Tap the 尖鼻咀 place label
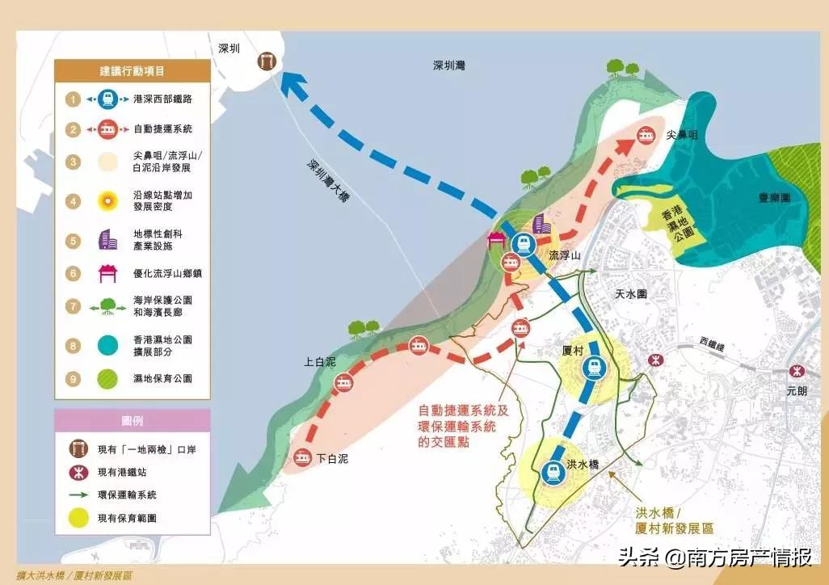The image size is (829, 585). [681, 137]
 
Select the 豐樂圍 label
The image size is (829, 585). [773, 197]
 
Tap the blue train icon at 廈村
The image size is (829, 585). [595, 368]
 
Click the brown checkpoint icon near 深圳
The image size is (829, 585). [265, 60]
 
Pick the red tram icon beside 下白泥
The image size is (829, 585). [304, 458]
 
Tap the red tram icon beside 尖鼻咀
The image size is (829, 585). [646, 137]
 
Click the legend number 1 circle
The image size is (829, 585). [73, 99]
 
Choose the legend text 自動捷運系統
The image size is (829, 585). [162, 128]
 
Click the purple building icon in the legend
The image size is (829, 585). [107, 239]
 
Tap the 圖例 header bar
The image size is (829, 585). [133, 420]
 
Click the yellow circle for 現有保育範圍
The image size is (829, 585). [78, 518]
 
